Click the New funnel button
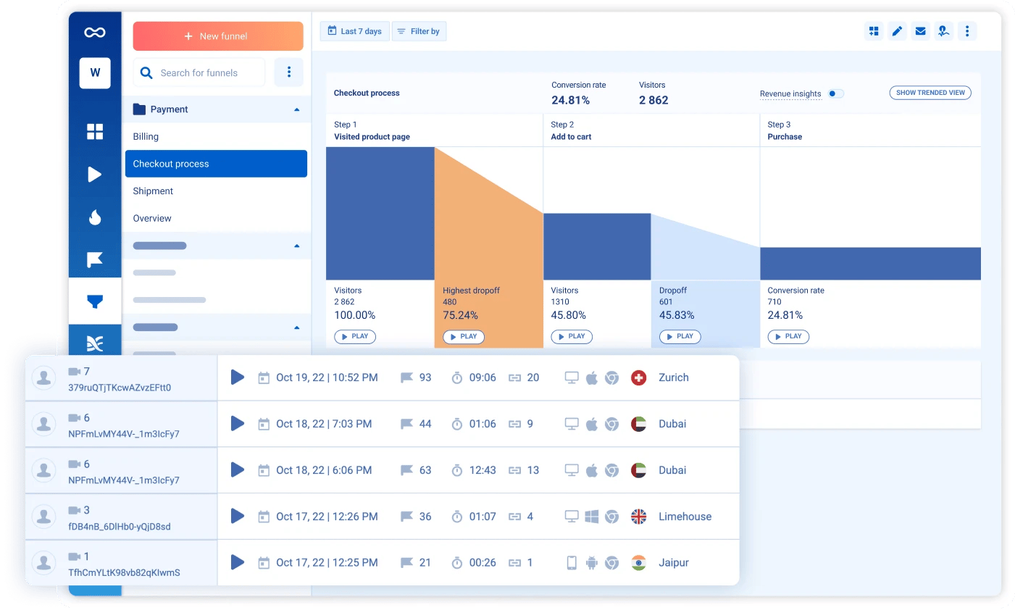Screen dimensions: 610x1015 (x=217, y=36)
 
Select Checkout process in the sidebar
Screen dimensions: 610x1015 (x=216, y=164)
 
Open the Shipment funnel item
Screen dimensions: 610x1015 (x=153, y=191)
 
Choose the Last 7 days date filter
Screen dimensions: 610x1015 (x=355, y=31)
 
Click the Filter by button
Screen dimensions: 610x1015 (x=419, y=31)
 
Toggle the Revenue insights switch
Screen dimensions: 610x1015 (x=835, y=93)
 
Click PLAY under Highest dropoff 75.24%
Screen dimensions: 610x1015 (x=463, y=337)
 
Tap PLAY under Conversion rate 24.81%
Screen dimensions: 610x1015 (x=788, y=337)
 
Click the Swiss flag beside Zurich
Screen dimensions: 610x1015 (x=638, y=377)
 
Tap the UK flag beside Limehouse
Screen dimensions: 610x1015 (x=638, y=517)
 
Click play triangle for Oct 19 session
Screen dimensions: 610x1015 (x=238, y=377)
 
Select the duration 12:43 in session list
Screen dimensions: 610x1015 (x=483, y=470)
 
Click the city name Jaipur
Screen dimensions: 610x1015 (x=673, y=563)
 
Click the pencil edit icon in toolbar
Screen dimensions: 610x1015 (x=897, y=31)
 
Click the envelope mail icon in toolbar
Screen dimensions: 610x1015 (x=920, y=31)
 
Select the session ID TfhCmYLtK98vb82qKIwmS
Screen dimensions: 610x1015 (x=124, y=572)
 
